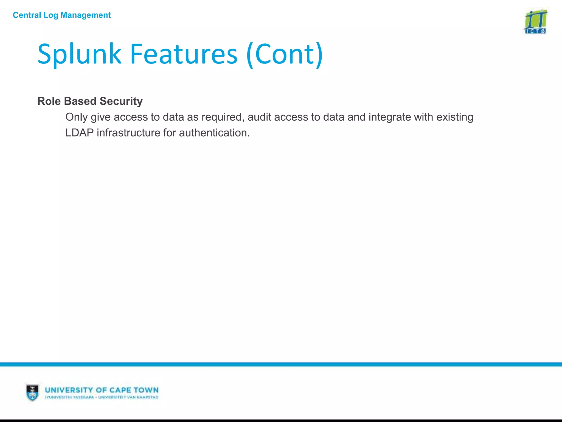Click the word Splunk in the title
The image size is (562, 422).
point(79,54)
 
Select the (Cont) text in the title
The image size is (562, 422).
point(285,54)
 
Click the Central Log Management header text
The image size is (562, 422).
point(62,15)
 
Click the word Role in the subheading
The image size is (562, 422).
point(49,101)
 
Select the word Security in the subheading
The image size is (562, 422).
point(121,101)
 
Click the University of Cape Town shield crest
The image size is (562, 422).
point(32,392)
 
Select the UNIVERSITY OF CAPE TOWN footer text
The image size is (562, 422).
point(102,390)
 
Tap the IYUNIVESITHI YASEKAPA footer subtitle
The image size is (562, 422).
point(69,397)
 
